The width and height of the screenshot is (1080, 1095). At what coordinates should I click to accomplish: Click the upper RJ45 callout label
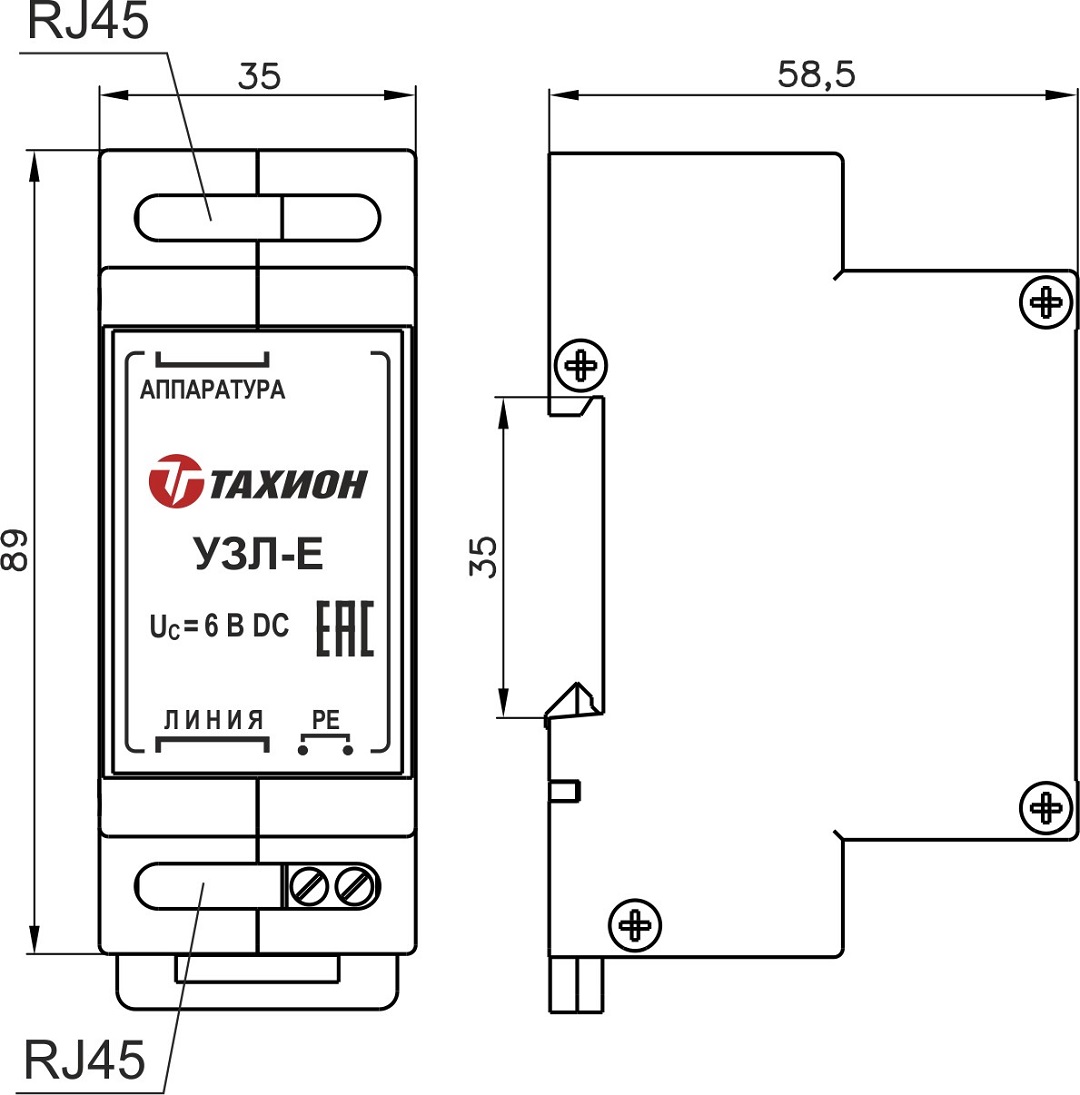point(87,22)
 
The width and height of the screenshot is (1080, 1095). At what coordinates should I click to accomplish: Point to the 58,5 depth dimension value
point(816,74)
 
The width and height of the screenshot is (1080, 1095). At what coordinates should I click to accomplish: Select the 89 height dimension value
point(15,551)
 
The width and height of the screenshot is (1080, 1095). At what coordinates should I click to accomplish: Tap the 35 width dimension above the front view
point(259,76)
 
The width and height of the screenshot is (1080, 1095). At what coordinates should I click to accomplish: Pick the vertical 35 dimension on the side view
point(483,556)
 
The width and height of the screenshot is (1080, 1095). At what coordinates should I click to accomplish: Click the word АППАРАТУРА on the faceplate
point(212,390)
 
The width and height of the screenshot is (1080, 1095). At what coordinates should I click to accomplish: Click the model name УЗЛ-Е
point(255,553)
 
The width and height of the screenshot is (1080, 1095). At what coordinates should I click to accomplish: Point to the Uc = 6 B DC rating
point(219,627)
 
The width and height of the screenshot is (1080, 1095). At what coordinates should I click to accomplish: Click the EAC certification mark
point(345,629)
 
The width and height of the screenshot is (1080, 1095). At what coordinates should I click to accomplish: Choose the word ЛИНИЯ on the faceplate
point(213,718)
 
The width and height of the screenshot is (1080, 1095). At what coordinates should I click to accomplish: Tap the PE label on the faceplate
point(327,719)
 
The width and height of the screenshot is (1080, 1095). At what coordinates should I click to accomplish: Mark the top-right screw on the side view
point(1046,299)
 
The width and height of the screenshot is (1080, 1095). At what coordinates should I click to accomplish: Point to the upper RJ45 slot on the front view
point(258,217)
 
